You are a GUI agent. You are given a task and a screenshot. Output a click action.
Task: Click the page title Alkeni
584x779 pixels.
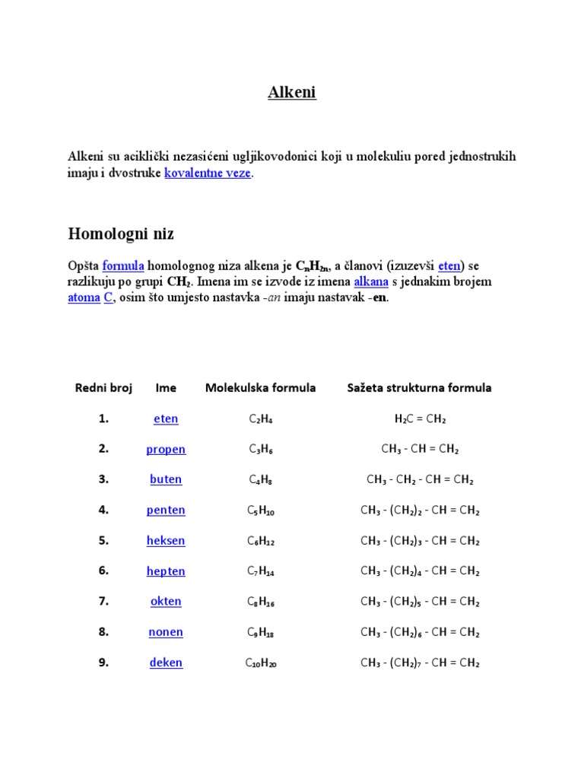pyautogui.click(x=291, y=93)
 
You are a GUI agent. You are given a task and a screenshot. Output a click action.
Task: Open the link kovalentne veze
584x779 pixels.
pyautogui.click(x=208, y=173)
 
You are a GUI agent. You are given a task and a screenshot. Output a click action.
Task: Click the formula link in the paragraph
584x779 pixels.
pyautogui.click(x=123, y=266)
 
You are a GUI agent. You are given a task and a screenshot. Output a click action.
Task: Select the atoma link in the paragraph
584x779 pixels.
pyautogui.click(x=84, y=297)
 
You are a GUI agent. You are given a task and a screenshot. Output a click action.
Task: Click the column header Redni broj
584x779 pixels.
pyautogui.click(x=103, y=388)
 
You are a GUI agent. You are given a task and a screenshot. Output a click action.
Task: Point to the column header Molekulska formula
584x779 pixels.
pyautogui.click(x=260, y=388)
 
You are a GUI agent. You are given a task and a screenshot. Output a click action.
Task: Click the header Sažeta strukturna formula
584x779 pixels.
pyautogui.click(x=419, y=388)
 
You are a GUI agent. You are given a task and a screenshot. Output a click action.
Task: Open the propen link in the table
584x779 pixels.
pyautogui.click(x=166, y=450)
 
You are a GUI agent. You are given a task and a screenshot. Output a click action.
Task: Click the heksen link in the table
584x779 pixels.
pyautogui.click(x=166, y=541)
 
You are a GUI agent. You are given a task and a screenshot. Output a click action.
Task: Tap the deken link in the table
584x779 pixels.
pyautogui.click(x=166, y=663)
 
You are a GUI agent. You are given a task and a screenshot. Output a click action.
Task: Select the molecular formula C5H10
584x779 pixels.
pyautogui.click(x=261, y=510)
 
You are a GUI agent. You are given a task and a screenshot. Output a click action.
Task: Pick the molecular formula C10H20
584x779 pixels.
pyautogui.click(x=261, y=663)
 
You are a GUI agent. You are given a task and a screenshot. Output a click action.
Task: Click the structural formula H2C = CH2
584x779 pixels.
pyautogui.click(x=420, y=419)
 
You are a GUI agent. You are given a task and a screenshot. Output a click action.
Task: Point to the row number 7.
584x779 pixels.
pyautogui.click(x=103, y=602)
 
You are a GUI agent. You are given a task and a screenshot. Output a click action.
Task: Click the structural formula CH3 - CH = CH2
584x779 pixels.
pyautogui.click(x=420, y=450)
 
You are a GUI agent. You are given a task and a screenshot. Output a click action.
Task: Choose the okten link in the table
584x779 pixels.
pyautogui.click(x=166, y=602)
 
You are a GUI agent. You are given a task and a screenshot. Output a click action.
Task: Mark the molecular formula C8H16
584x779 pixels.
pyautogui.click(x=261, y=602)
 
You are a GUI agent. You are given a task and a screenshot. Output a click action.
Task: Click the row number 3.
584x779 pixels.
pyautogui.click(x=103, y=480)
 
